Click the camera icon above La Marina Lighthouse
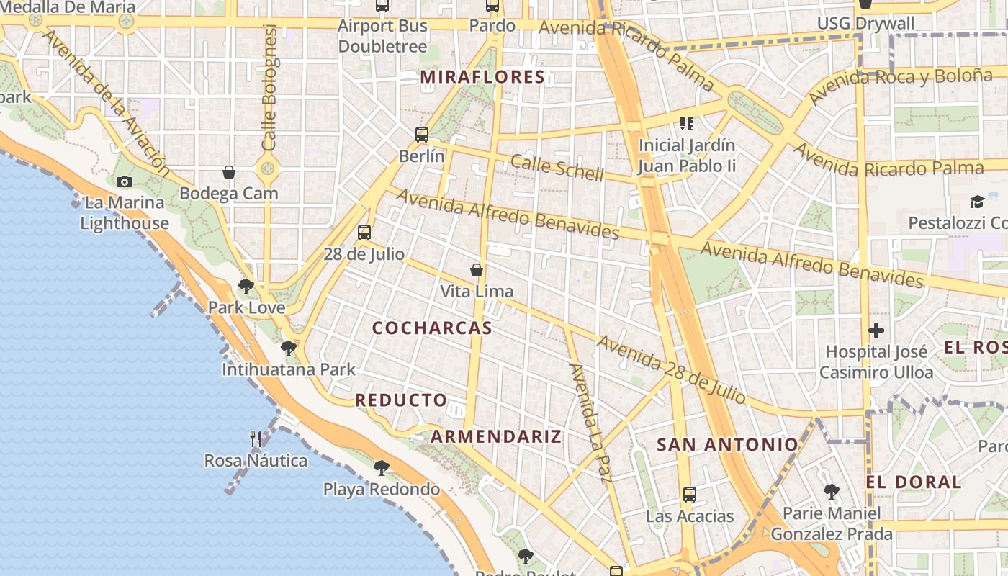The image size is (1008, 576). (x=125, y=181)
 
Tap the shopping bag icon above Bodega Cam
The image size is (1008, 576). (x=229, y=172)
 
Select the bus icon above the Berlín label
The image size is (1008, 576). (x=422, y=134)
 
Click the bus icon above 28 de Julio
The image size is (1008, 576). (x=364, y=232)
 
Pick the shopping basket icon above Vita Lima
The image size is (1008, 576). (x=477, y=270)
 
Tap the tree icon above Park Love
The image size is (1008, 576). (x=246, y=287)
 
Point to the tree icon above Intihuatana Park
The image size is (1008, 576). (x=289, y=348)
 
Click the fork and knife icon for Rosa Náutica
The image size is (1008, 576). (x=256, y=438)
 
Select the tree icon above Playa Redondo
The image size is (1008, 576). (x=382, y=468)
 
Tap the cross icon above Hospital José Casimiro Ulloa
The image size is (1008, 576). (x=876, y=330)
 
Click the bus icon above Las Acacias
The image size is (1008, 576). (x=690, y=495)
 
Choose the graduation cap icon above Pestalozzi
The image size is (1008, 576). (x=977, y=202)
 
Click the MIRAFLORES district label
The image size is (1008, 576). (x=482, y=77)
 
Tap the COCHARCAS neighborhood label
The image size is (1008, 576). (x=432, y=328)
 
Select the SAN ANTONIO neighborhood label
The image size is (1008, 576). (x=728, y=445)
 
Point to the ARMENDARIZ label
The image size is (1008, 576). (x=496, y=436)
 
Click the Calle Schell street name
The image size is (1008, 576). (x=557, y=168)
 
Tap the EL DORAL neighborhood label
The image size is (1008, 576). (x=914, y=482)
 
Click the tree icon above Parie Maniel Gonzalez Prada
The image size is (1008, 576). (x=832, y=492)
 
